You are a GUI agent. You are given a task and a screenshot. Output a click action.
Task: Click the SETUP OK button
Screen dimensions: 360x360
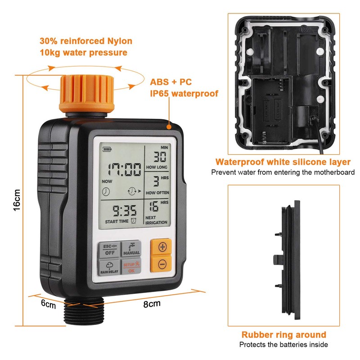click(131, 267)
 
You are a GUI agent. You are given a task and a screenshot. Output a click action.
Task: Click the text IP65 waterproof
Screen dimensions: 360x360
click(184, 94)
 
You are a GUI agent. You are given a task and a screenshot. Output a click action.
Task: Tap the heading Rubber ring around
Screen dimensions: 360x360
click(283, 334)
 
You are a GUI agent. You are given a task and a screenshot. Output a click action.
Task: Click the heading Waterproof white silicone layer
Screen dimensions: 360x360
click(283, 162)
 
